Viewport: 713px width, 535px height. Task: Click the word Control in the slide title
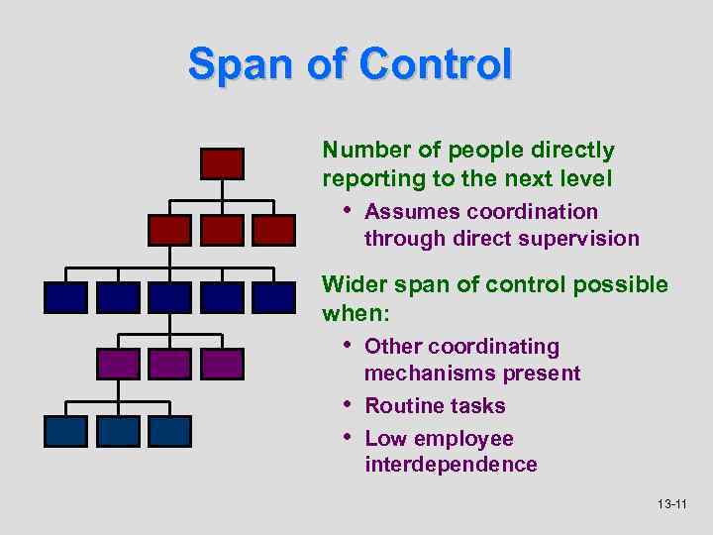pyautogui.click(x=437, y=65)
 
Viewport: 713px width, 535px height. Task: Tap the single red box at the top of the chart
pyautogui.click(x=222, y=163)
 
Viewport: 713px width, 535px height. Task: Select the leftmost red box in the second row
pyautogui.click(x=169, y=231)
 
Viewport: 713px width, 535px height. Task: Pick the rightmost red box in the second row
pyautogui.click(x=273, y=231)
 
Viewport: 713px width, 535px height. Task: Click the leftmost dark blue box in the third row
pyautogui.click(x=65, y=297)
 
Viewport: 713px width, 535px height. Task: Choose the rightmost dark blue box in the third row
pyautogui.click(x=273, y=297)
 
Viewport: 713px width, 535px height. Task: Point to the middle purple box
pyautogui.click(x=169, y=364)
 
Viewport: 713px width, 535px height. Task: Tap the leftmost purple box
pyautogui.click(x=118, y=364)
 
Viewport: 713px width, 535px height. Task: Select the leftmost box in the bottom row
pyautogui.click(x=65, y=431)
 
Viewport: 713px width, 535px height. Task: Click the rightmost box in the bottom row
pyautogui.click(x=169, y=431)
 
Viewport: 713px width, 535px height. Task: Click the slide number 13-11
pyautogui.click(x=671, y=505)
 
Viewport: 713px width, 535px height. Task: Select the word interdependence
pyautogui.click(x=451, y=465)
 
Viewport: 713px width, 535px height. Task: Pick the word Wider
pyautogui.click(x=356, y=285)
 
